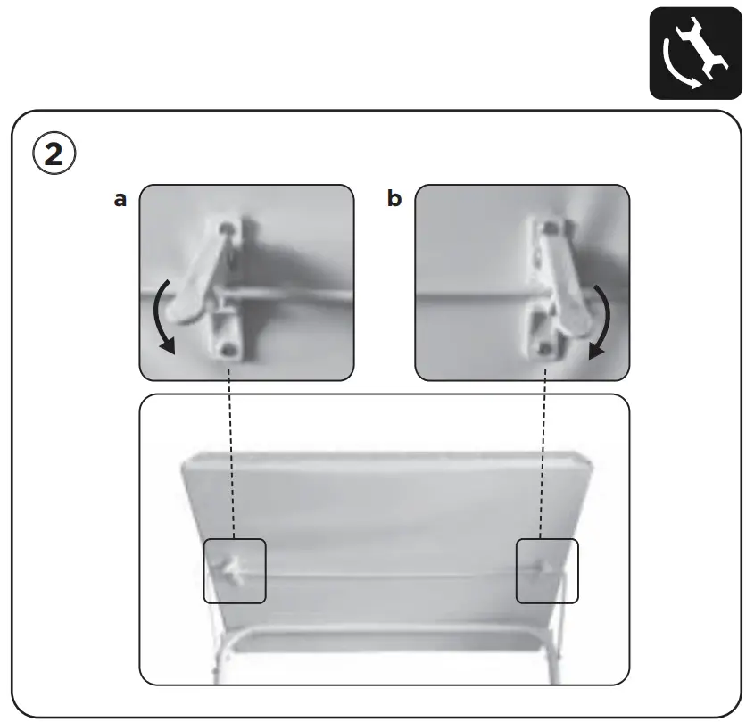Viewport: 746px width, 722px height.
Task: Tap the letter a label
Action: coord(120,199)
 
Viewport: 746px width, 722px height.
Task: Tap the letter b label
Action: coord(394,199)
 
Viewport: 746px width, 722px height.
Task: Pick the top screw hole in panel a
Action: coord(231,229)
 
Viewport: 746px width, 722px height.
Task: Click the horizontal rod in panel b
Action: coord(473,294)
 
